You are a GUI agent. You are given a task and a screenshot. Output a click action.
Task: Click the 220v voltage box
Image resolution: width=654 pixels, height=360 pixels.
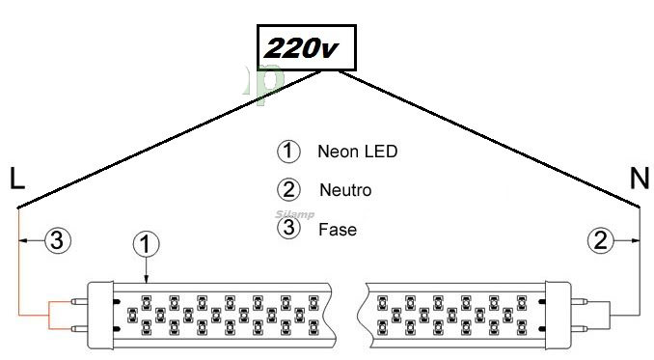pos(307,47)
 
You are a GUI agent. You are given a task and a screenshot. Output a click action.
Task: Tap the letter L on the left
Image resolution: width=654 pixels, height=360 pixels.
pos(16,179)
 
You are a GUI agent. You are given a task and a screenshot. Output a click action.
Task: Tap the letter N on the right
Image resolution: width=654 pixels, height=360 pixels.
pos(640,179)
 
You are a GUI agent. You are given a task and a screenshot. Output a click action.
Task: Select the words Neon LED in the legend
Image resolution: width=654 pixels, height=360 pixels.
pos(358,151)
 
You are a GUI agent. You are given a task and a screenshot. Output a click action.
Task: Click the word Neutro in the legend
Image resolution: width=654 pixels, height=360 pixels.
pos(345,190)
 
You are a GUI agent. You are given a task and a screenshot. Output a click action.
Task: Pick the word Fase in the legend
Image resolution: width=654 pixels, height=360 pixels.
pos(338,230)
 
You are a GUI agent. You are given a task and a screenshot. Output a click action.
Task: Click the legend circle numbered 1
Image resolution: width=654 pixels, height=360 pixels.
pos(288,151)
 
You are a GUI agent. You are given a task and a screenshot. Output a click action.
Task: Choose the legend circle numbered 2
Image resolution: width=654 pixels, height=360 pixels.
pos(288,189)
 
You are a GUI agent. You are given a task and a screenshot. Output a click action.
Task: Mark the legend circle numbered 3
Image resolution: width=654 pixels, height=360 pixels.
pos(288,228)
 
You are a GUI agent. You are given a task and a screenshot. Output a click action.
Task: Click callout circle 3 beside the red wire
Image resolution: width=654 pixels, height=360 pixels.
pos(58,240)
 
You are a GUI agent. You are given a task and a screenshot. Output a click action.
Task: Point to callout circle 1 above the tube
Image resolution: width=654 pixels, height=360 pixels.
pos(146,244)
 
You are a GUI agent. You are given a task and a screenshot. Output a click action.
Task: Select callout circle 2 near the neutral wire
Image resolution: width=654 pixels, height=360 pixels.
pos(601,240)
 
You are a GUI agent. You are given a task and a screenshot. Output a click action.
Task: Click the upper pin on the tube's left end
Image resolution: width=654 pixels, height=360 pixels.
pos(79,301)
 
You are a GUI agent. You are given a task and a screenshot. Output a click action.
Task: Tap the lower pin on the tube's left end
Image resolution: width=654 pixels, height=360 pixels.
pos(79,329)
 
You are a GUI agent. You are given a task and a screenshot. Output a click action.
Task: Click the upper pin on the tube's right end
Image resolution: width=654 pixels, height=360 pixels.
pos(578,301)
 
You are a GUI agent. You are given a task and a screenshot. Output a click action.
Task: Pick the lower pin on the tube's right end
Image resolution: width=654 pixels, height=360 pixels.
pos(578,329)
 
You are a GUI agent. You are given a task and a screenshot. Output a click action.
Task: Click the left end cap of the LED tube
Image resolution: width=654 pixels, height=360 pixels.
pos(100,315)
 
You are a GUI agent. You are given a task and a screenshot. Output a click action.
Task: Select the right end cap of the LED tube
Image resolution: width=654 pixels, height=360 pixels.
pos(558,315)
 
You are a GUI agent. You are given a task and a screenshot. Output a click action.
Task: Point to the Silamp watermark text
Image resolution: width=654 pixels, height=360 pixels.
pos(295,215)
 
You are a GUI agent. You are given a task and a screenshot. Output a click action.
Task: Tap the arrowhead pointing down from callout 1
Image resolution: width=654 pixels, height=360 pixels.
pos(146,280)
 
